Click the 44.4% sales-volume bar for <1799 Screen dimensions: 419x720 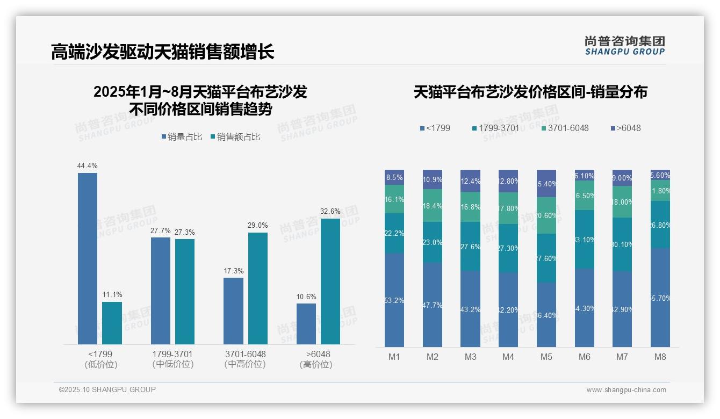pyautogui.click(x=88, y=258)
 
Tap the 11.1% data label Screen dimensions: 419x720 pyautogui.click(x=112, y=295)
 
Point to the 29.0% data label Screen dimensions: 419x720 pyautogui.click(x=258, y=226)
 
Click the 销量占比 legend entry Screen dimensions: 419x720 pyautogui.click(x=182, y=137)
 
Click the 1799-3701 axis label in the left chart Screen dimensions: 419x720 pyautogui.click(x=172, y=355)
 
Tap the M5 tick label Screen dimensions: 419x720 pyautogui.click(x=546, y=357)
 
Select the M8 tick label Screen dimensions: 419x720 pyautogui.click(x=660, y=357)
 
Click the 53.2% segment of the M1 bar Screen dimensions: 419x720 pyautogui.click(x=394, y=300)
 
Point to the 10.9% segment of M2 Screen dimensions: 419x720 pyautogui.click(x=433, y=179)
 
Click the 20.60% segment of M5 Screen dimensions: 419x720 pyautogui.click(x=546, y=215)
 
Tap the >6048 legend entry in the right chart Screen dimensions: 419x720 pyautogui.click(x=625, y=128)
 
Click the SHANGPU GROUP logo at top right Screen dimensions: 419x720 pyautogui.click(x=624, y=46)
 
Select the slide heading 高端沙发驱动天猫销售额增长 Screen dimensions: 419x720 pyautogui.click(x=163, y=52)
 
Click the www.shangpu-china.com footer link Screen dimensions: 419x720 pyautogui.click(x=626, y=390)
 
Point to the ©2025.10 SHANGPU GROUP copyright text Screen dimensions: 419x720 pyautogui.click(x=107, y=390)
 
